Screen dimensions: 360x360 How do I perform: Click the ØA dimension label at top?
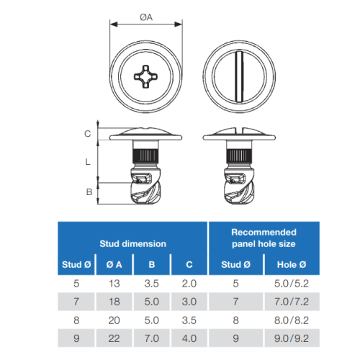click(x=146, y=17)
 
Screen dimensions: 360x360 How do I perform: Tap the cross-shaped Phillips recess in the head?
click(x=145, y=76)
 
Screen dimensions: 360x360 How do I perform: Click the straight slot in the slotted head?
click(x=239, y=76)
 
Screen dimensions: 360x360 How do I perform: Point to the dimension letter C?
click(x=88, y=134)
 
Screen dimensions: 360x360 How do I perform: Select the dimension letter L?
click(x=88, y=162)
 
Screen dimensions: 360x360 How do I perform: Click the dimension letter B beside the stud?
click(x=89, y=192)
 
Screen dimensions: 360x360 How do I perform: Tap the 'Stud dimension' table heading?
click(x=132, y=244)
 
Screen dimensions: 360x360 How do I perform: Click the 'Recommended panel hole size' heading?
click(x=264, y=238)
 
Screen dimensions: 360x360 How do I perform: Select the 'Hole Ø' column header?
click(x=292, y=264)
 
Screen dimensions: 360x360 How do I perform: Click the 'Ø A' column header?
click(x=114, y=264)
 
